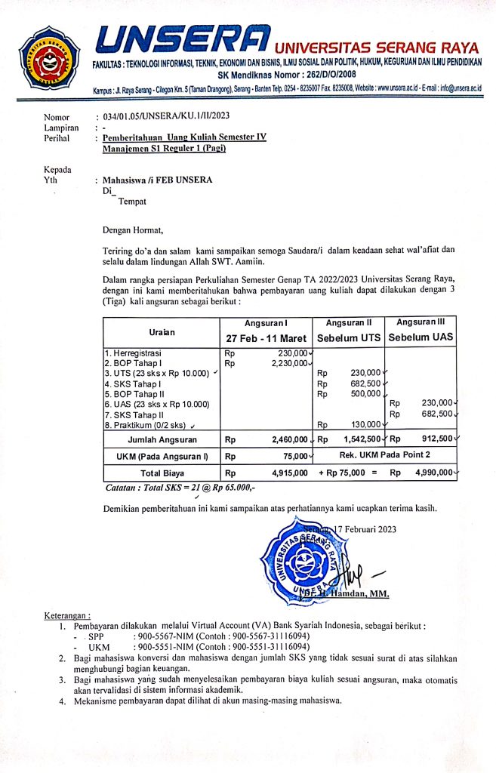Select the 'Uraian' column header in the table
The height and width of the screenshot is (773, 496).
(x=161, y=332)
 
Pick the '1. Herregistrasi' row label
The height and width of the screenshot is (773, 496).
(x=134, y=353)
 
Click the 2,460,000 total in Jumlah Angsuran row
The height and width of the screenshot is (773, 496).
(x=286, y=439)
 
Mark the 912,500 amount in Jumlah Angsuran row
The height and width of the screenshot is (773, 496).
(x=434, y=439)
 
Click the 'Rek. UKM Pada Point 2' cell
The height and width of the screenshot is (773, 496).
(x=384, y=455)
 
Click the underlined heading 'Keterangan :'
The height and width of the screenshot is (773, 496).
(x=68, y=615)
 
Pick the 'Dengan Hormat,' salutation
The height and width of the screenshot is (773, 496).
(x=133, y=229)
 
